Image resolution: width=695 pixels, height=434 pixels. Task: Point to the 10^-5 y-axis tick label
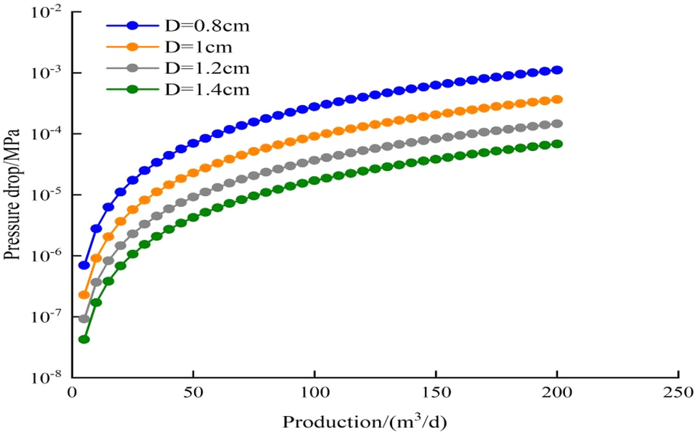pos(47,195)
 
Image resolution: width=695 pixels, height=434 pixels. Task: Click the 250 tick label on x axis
pos(678,393)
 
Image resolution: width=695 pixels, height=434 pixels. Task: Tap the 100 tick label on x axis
pos(314,393)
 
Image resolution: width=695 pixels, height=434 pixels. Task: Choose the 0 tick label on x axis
pos(72,393)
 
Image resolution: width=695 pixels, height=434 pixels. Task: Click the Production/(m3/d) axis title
pos(365,420)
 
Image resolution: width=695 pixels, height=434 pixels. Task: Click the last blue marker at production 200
pos(557,70)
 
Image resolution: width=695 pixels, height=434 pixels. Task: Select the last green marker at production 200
pos(557,144)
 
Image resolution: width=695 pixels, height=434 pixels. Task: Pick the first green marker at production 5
pos(84,339)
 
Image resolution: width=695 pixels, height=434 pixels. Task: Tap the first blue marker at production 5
pos(84,265)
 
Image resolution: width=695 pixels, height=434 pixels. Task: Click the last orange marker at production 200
pos(557,99)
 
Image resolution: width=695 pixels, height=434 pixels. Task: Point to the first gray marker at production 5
pos(84,318)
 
